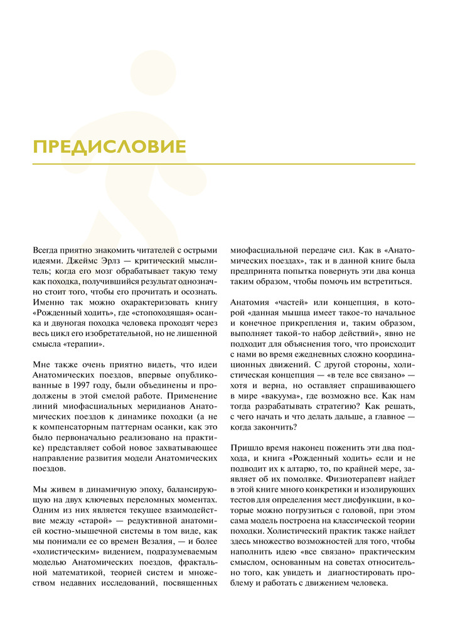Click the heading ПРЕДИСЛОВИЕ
(x=110, y=147)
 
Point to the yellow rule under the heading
(x=224, y=165)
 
